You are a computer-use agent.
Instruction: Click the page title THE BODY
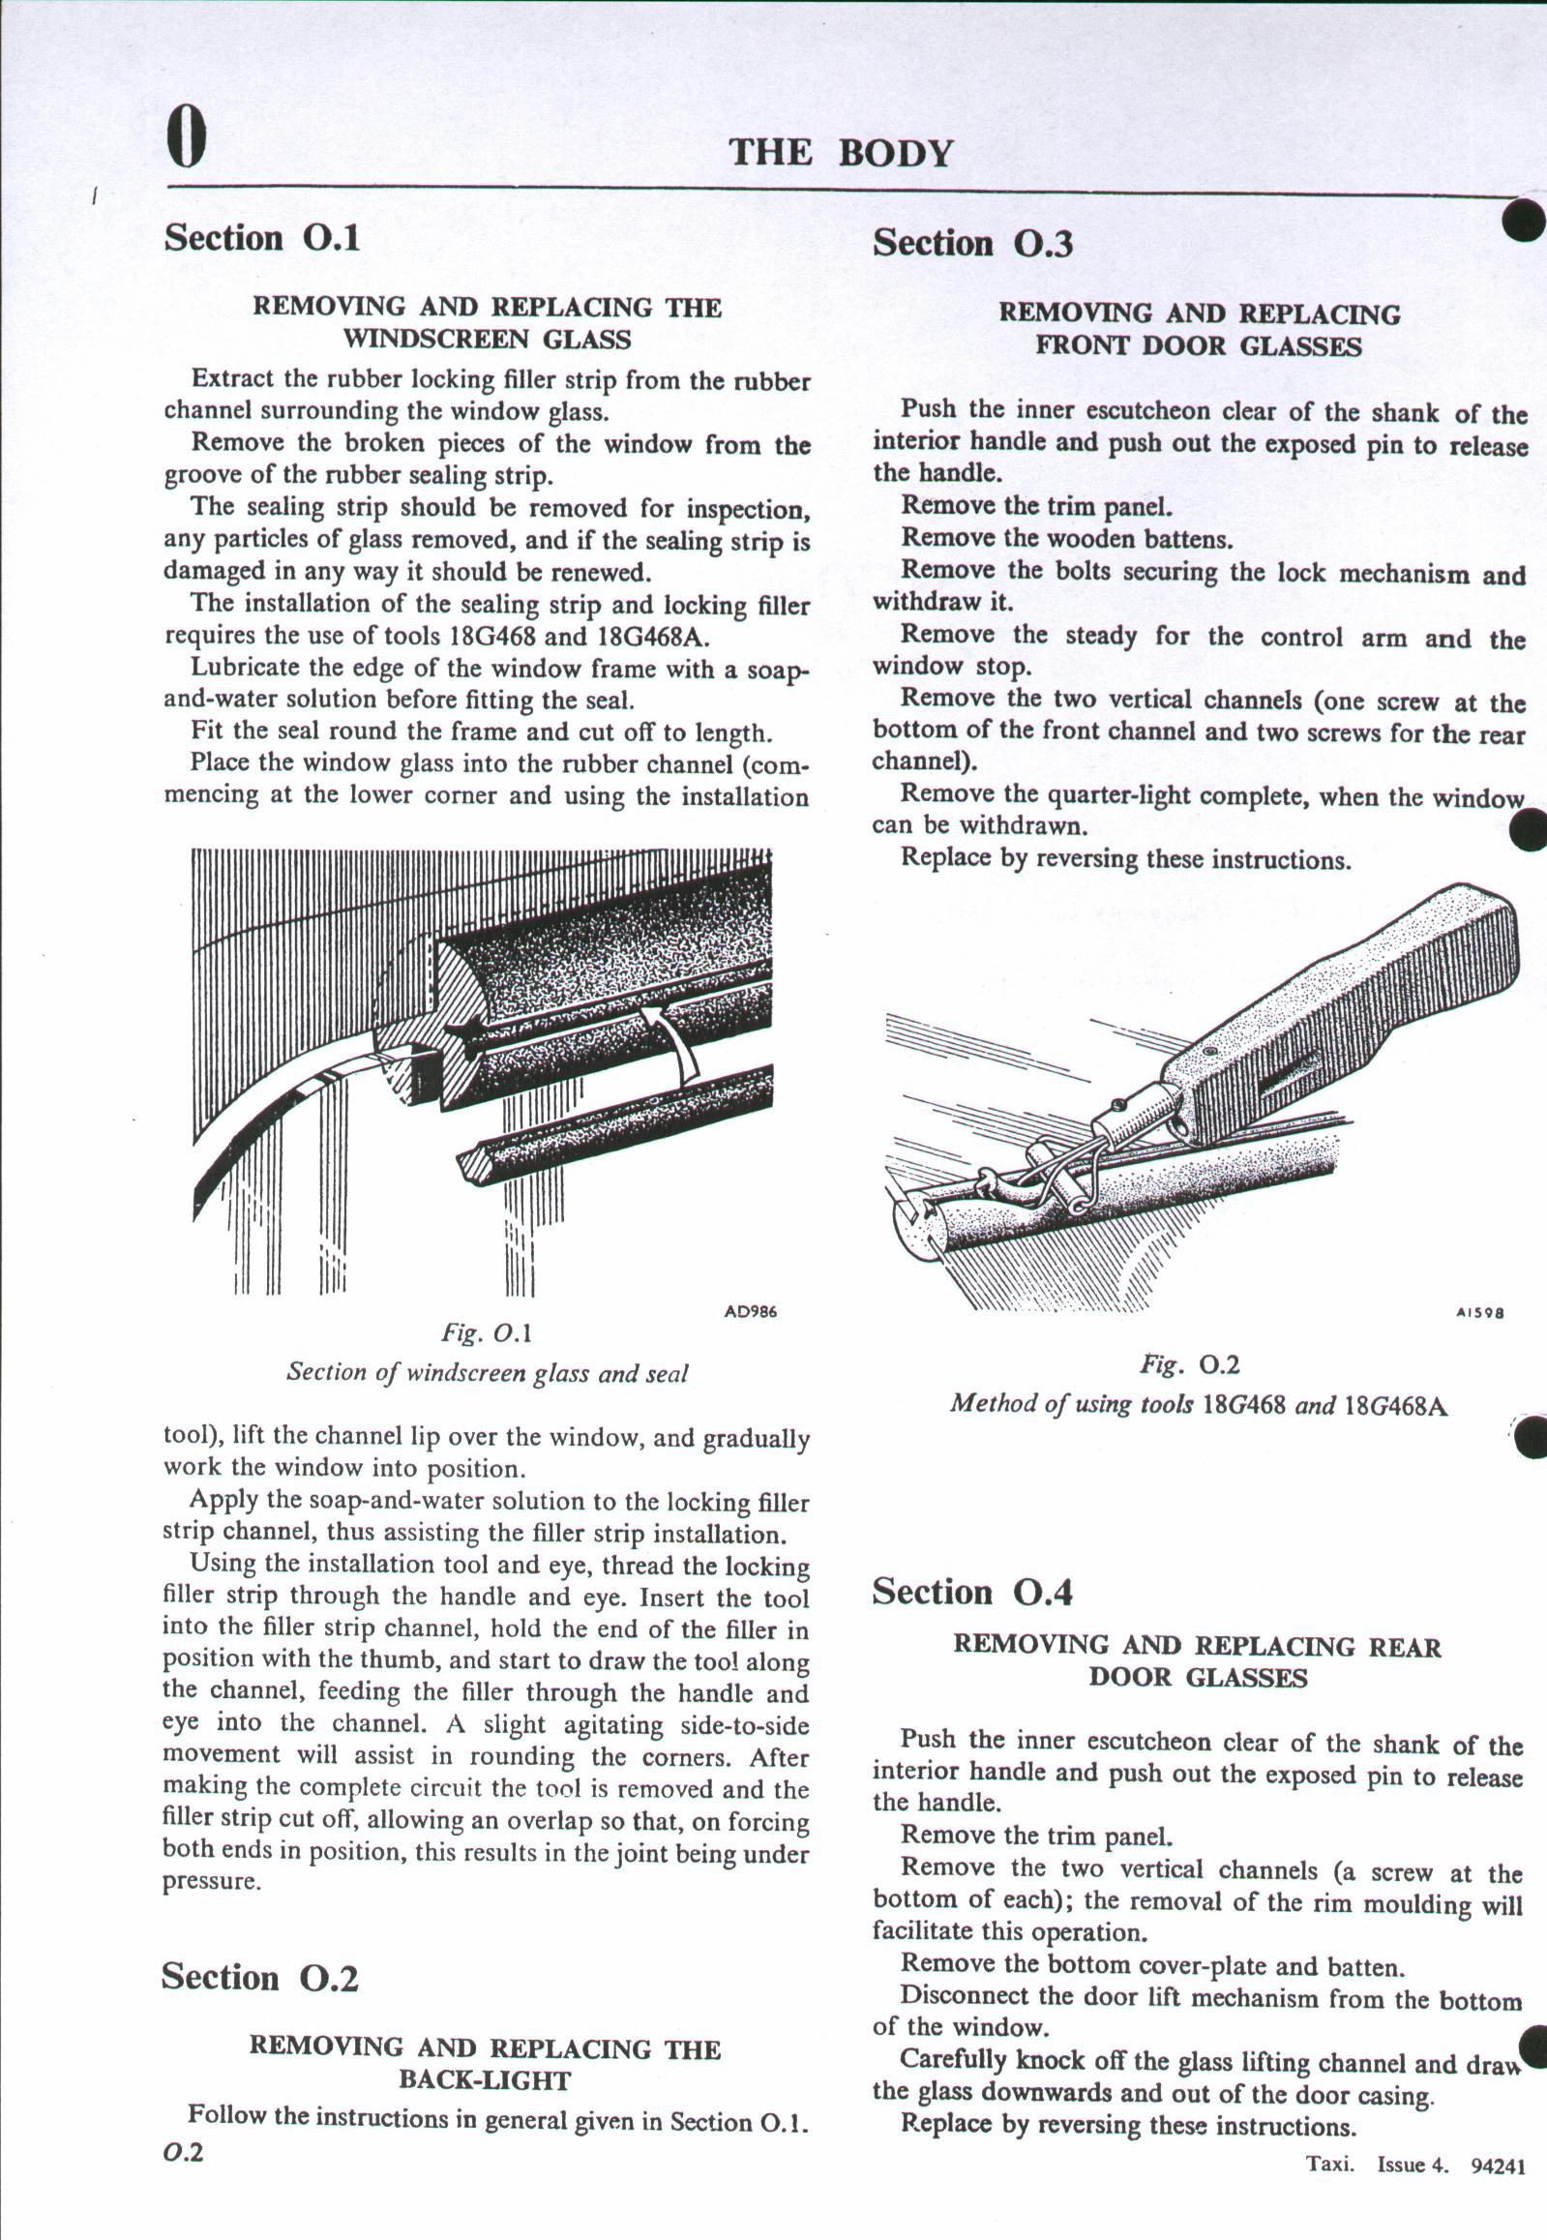pyautogui.click(x=841, y=153)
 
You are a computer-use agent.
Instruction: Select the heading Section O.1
pyautogui.click(x=262, y=237)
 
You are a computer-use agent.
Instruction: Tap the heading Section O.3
pyautogui.click(x=972, y=243)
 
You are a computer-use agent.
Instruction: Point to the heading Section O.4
pyautogui.click(x=972, y=1593)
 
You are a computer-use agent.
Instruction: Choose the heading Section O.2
pyautogui.click(x=260, y=1978)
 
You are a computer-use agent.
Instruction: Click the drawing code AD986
pyautogui.click(x=750, y=1312)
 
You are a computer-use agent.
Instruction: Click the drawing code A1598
pyautogui.click(x=1479, y=1314)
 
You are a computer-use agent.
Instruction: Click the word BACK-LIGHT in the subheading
pyautogui.click(x=485, y=2081)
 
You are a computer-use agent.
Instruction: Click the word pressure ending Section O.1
pyautogui.click(x=211, y=1881)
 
